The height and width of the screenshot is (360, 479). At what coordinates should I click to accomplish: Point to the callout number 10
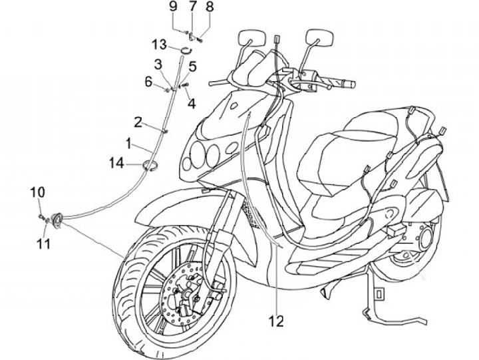pyautogui.click(x=39, y=192)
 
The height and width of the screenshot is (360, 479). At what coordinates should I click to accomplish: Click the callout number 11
pyautogui.click(x=43, y=244)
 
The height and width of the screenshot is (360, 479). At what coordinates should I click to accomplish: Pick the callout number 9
pyautogui.click(x=173, y=7)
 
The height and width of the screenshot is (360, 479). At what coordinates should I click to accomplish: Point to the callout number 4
pyautogui.click(x=191, y=103)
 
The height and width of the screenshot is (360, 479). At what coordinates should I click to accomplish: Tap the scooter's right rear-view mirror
pyautogui.click(x=319, y=37)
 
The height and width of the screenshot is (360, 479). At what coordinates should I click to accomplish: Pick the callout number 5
pyautogui.click(x=192, y=67)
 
